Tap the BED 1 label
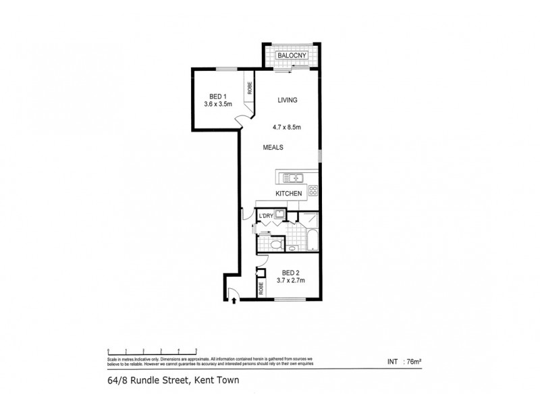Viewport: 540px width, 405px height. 217,96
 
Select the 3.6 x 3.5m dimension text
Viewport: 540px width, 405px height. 218,104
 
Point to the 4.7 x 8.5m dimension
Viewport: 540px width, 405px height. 286,126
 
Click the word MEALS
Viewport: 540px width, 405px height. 273,147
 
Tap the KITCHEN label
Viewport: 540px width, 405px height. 288,194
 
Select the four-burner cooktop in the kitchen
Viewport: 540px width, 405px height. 313,191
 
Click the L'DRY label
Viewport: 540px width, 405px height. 265,215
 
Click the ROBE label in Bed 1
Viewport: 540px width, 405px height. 249,86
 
